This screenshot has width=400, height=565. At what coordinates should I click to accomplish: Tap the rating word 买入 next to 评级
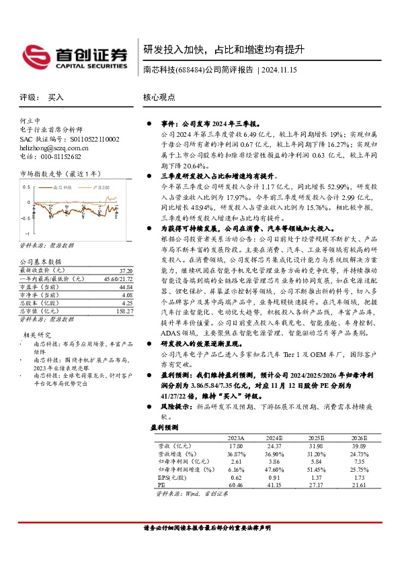[x=56, y=97]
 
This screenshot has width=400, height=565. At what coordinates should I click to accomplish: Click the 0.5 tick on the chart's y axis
[x=26, y=187]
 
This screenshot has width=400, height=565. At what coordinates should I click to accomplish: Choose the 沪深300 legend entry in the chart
[x=101, y=188]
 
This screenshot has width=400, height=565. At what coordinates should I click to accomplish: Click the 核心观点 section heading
[x=159, y=97]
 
